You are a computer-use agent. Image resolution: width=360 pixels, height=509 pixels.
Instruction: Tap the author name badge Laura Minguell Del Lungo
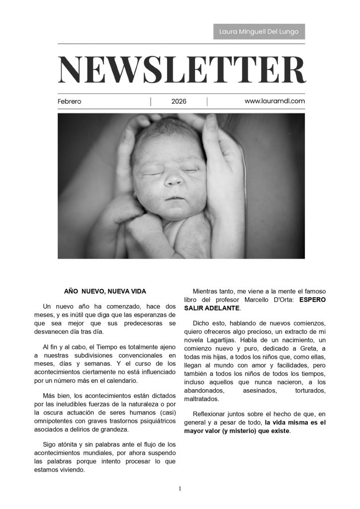(x=259, y=32)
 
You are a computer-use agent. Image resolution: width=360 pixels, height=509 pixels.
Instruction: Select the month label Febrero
(x=70, y=101)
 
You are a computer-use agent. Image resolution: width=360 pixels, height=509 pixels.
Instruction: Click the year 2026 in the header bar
(x=179, y=101)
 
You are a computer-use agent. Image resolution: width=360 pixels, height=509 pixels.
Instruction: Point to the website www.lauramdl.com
(x=274, y=101)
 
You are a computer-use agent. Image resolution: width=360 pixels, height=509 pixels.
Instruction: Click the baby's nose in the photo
(x=173, y=179)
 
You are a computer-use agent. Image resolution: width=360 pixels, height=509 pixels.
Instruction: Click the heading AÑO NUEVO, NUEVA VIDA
(x=105, y=291)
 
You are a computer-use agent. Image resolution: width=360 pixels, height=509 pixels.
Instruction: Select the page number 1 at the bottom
(x=180, y=489)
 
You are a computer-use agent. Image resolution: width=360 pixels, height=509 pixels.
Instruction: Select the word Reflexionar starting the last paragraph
(x=210, y=414)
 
